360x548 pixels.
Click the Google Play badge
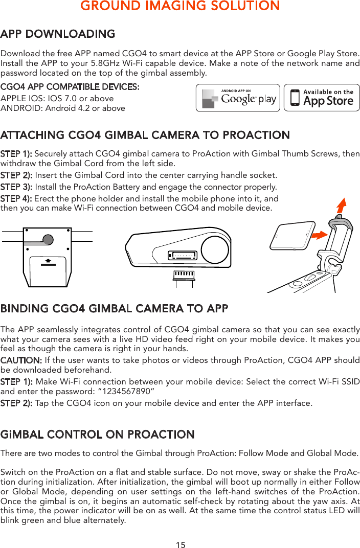point(238,98)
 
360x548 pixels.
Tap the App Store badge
point(322,98)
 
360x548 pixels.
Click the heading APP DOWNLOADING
point(58,34)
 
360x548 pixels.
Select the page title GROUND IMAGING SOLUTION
point(180,6)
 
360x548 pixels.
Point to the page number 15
point(181,545)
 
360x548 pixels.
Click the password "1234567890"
point(122,392)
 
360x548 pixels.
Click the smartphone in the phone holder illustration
point(294,236)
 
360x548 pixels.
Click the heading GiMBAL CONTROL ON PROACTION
point(98,435)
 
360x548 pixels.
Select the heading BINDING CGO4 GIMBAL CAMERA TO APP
point(115,309)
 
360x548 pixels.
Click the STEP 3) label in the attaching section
point(16,187)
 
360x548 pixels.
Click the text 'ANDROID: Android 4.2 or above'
point(63,108)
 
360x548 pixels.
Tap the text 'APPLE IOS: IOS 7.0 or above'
point(57,98)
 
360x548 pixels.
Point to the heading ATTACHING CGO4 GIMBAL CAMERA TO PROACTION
point(145,135)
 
